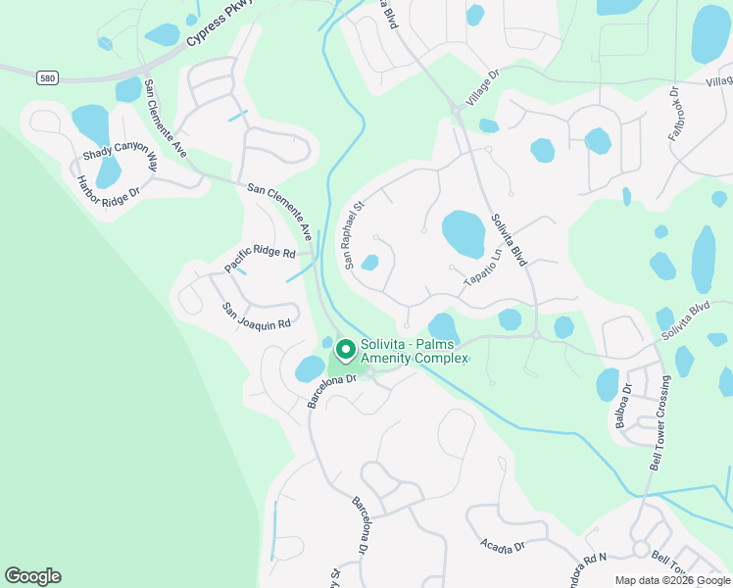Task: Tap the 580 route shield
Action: (x=48, y=76)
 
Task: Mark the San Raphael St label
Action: (x=352, y=235)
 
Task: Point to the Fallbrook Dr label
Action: (x=674, y=115)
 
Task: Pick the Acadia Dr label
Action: (x=503, y=545)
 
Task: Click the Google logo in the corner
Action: (x=32, y=576)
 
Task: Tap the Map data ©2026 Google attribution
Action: (x=671, y=580)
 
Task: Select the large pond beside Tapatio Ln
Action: (x=464, y=232)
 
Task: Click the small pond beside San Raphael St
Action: (x=369, y=262)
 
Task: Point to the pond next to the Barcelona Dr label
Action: (x=310, y=368)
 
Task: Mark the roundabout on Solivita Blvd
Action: (x=536, y=335)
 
